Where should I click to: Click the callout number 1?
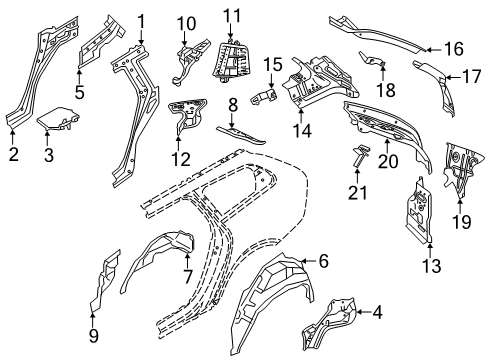(x=141, y=22)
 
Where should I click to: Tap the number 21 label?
(x=357, y=193)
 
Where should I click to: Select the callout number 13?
(x=432, y=266)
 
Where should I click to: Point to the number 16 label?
(x=454, y=49)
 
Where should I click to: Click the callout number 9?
(x=94, y=336)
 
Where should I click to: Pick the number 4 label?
(x=377, y=313)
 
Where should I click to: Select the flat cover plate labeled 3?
(x=58, y=119)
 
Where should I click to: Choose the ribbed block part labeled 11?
(x=231, y=61)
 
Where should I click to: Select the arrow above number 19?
(x=460, y=205)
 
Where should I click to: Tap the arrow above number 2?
(x=12, y=137)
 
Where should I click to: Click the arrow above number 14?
(x=301, y=116)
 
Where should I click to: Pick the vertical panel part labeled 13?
(x=419, y=211)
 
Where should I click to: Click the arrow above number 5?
(x=79, y=75)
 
